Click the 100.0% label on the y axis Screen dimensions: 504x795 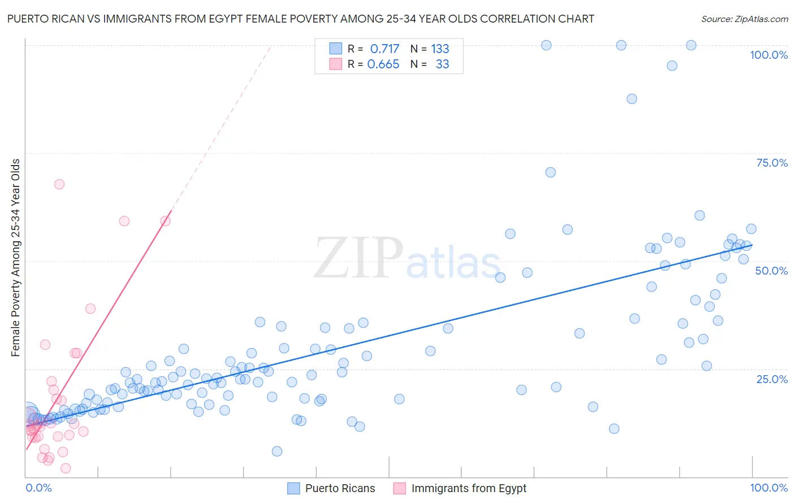tap(768, 55)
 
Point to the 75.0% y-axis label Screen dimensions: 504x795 tap(772, 163)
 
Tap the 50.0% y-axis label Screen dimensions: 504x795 tap(771, 271)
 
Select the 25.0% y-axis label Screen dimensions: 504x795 tap(772, 379)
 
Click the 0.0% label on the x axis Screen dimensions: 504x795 tap(38, 488)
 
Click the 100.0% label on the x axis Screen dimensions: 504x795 tap(768, 488)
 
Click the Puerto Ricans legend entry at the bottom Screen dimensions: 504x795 tap(340, 488)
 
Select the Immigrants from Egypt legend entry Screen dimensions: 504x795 tap(469, 488)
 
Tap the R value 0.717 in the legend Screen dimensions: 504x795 tap(384, 49)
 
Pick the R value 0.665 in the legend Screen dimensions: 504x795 tap(383, 64)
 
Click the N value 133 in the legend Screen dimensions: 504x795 tap(440, 49)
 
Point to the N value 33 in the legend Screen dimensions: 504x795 tap(442, 64)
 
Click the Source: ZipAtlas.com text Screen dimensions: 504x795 tap(744, 19)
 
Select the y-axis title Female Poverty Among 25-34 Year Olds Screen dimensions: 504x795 tap(16, 258)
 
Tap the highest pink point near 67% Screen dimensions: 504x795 tap(59, 184)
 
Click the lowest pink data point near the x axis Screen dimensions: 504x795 tap(66, 468)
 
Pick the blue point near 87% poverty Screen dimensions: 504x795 tap(632, 99)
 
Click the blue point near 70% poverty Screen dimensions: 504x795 tap(550, 172)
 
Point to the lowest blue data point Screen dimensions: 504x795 tap(277, 451)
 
